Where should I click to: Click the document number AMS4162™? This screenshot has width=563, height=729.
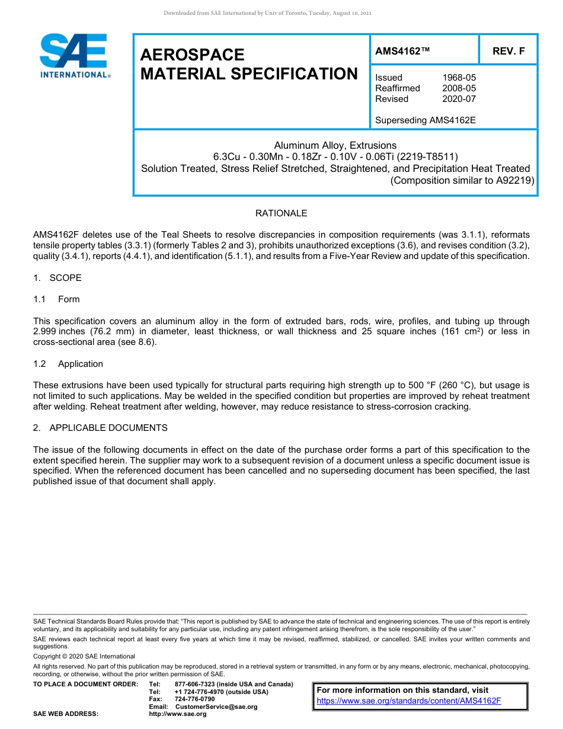[x=402, y=52]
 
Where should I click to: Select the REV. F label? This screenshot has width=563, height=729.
[x=508, y=52]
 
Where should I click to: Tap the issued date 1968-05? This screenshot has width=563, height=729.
[x=459, y=78]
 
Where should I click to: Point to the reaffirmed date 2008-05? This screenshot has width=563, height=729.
[x=459, y=88]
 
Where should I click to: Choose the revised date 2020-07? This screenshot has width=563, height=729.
[x=459, y=99]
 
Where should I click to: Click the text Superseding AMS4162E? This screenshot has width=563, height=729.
[x=426, y=120]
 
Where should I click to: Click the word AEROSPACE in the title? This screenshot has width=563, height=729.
[x=193, y=55]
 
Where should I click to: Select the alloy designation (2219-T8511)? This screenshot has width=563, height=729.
[x=428, y=157]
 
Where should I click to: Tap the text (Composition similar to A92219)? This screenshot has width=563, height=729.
[x=462, y=181]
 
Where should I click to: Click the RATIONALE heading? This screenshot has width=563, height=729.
[x=281, y=213]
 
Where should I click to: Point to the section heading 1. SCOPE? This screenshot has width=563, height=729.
[x=57, y=278]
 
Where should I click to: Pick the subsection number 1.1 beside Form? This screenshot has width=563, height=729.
[x=40, y=299]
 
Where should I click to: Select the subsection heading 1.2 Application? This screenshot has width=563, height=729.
[x=68, y=364]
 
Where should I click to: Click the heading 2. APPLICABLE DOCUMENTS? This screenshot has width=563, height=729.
[x=100, y=428]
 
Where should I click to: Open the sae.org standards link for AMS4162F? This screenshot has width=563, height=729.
[x=409, y=701]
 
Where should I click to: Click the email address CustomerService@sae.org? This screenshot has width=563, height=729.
[x=216, y=706]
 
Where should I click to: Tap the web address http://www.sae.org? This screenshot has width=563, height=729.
[x=178, y=714]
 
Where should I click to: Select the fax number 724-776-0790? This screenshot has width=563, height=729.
[x=195, y=699]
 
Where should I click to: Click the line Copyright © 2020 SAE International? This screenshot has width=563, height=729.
[x=84, y=656]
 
